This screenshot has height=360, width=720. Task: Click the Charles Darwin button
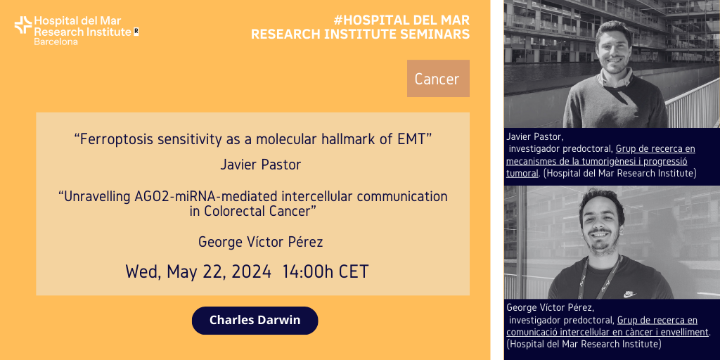255,320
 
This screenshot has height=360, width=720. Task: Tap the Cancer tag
438,79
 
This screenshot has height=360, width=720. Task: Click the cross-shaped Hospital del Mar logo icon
23,25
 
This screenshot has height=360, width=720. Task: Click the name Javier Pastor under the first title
260,165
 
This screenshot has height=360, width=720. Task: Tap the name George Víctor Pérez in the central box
260,242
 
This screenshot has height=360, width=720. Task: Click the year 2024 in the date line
251,271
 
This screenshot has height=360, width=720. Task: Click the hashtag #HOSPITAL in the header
367,20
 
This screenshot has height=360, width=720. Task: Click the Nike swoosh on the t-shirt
629,295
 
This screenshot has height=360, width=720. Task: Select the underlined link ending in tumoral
600,161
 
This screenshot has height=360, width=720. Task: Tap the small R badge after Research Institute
136,32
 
